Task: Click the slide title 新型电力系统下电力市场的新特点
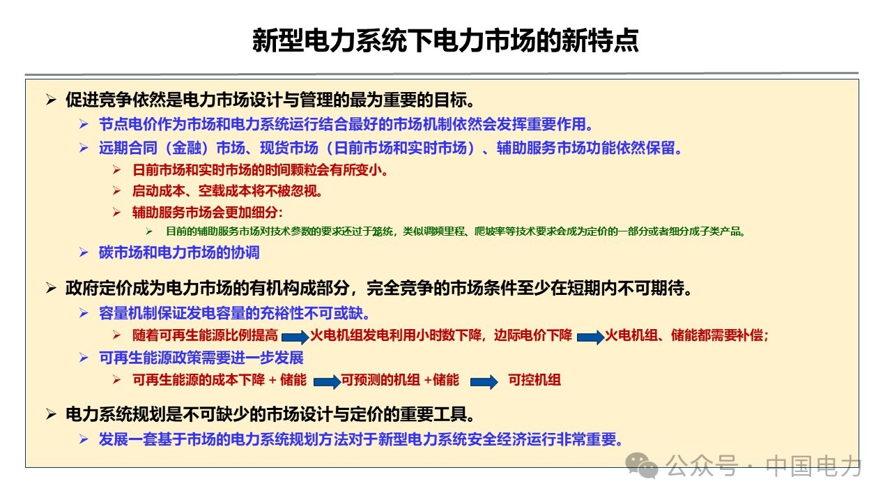coord(445,40)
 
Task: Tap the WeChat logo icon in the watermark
coord(642,465)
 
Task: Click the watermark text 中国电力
coord(813,466)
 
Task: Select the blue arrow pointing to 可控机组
coord(484,381)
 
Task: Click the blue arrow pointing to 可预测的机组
coord(328,381)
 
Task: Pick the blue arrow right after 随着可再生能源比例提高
coord(295,337)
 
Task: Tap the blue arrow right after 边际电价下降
coord(590,337)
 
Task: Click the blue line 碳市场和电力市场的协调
coord(179,252)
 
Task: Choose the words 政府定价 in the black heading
coord(99,288)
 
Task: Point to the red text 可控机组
coord(535,380)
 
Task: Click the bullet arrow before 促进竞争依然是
coord(51,100)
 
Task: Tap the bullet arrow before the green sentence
coord(149,231)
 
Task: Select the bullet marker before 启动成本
coord(116,191)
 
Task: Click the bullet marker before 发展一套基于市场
coord(84,439)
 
